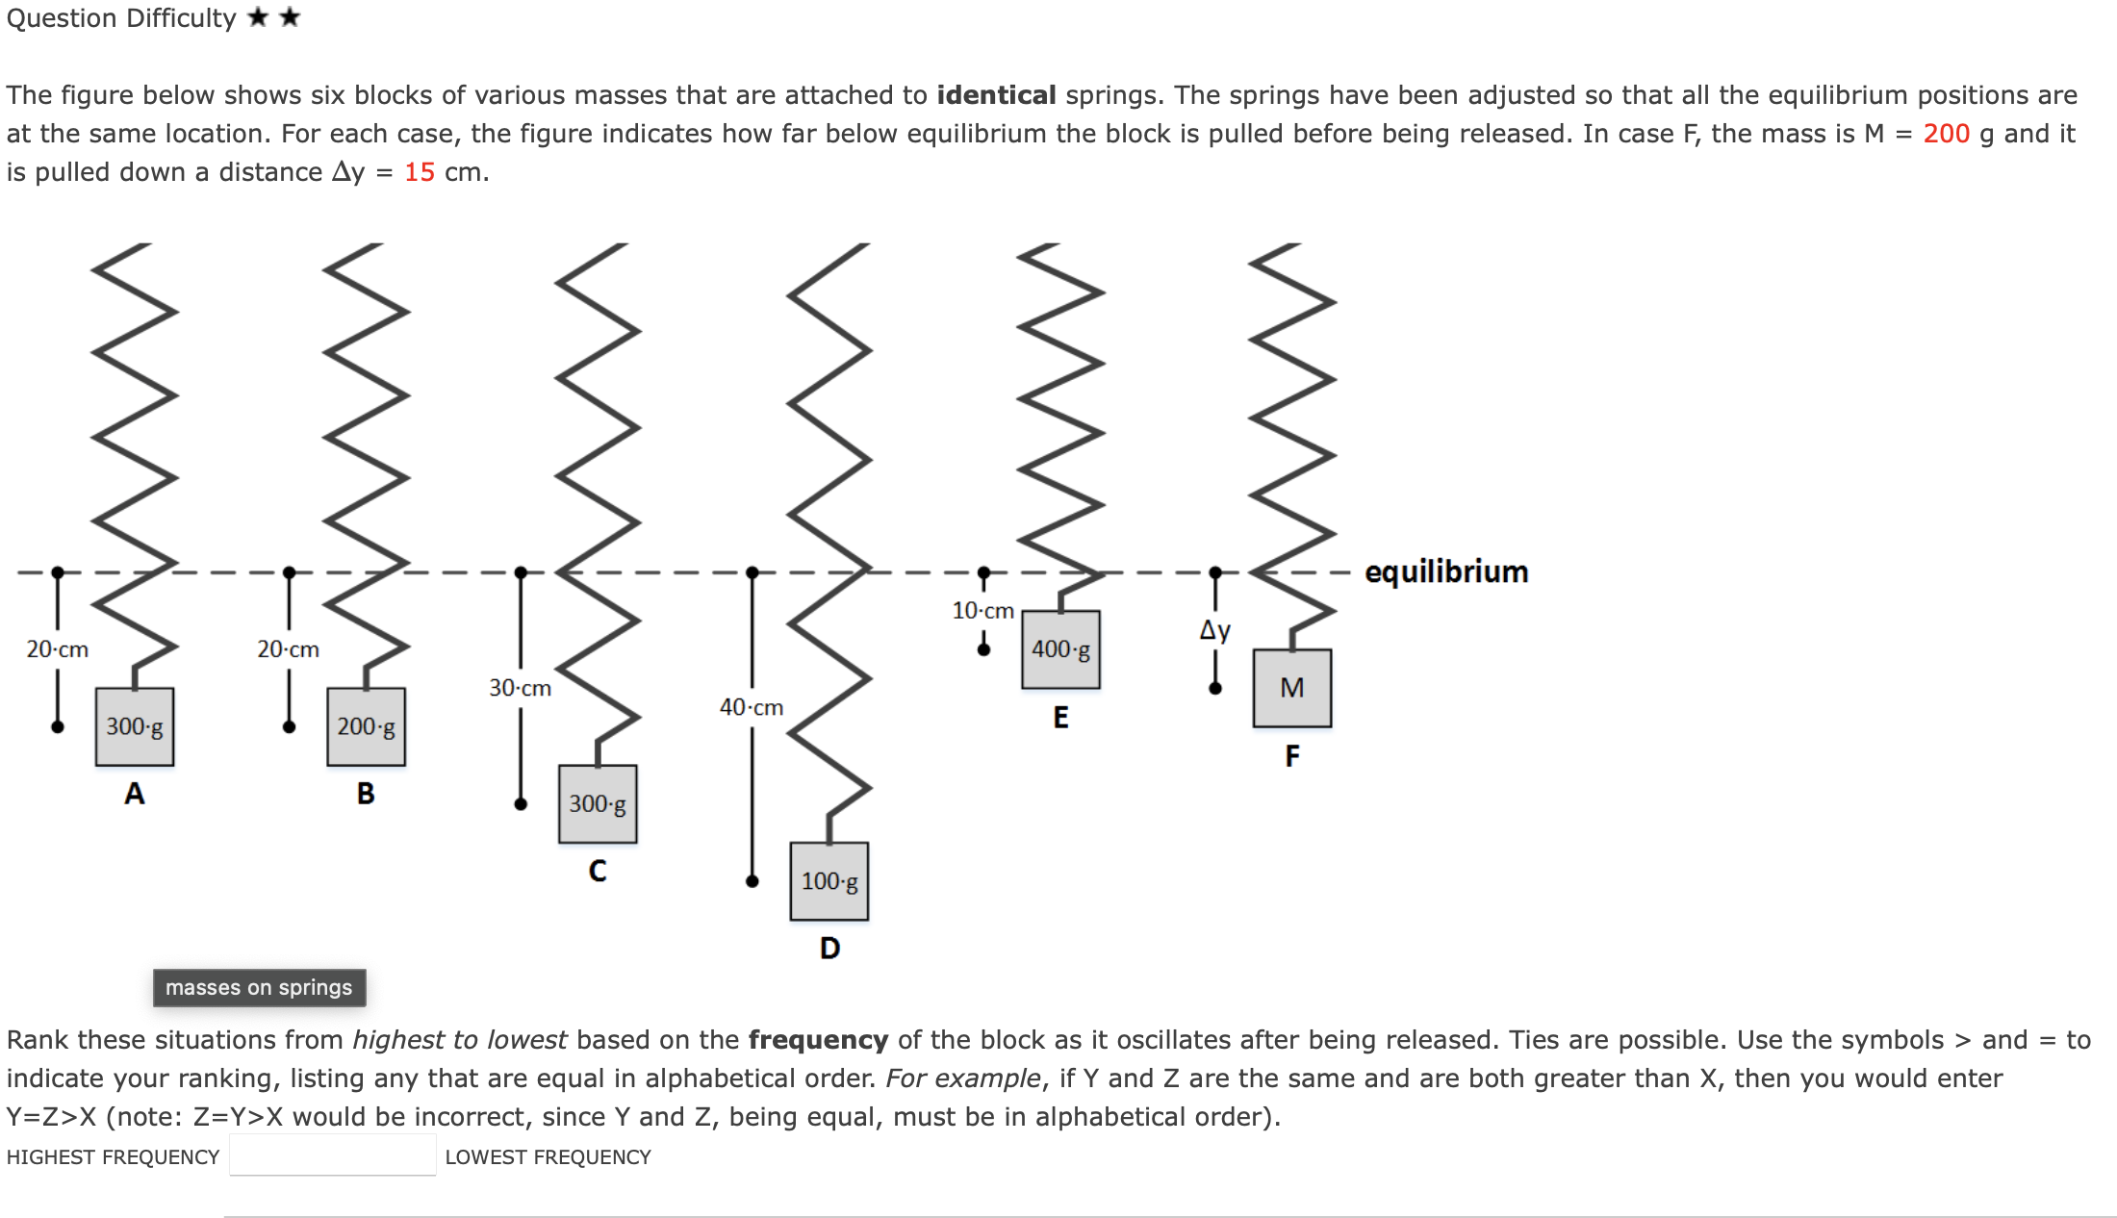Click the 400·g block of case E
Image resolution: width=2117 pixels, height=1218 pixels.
click(x=1060, y=649)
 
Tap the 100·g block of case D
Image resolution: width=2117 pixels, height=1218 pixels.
click(x=829, y=881)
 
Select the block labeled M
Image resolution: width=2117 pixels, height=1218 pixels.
click(x=1291, y=688)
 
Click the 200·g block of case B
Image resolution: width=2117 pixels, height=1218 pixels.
click(x=366, y=726)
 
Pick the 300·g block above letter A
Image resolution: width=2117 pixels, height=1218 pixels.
click(x=135, y=726)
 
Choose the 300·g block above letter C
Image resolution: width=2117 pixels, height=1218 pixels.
click(x=598, y=803)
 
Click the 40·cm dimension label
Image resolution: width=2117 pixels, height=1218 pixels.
click(x=752, y=707)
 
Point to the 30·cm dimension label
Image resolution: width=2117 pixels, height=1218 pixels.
click(x=520, y=688)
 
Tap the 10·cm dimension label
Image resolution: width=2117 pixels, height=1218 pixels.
click(x=982, y=610)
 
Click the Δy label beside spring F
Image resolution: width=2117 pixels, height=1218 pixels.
click(x=1214, y=630)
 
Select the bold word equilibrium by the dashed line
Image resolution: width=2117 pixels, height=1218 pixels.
click(x=1446, y=571)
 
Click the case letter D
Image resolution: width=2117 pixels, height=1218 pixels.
click(x=829, y=949)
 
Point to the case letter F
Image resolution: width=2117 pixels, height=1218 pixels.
click(x=1291, y=756)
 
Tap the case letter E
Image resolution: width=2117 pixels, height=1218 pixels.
click(x=1060, y=718)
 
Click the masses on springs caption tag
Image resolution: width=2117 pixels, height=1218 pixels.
click(x=259, y=987)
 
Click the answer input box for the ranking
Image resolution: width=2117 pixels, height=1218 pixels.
click(x=332, y=1155)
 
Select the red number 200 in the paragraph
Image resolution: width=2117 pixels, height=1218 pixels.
click(x=1946, y=134)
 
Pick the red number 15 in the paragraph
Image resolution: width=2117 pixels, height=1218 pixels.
click(x=420, y=172)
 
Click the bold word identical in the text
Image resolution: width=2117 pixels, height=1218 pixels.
click(x=996, y=95)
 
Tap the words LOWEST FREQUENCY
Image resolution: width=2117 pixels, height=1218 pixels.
click(x=548, y=1157)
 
